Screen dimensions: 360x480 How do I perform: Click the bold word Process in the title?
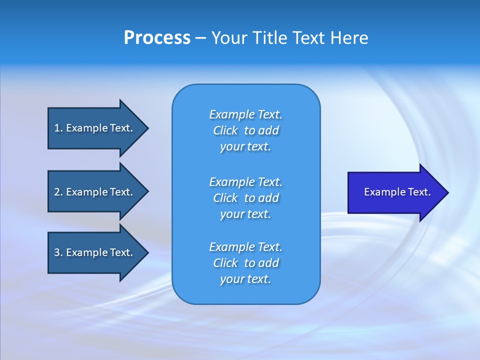pyautogui.click(x=157, y=38)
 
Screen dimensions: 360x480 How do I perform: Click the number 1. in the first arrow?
pyautogui.click(x=58, y=128)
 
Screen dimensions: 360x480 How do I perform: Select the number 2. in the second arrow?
pyautogui.click(x=58, y=192)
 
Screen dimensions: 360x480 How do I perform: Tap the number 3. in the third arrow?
pyautogui.click(x=58, y=252)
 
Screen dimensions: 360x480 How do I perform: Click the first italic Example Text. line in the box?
pyautogui.click(x=245, y=114)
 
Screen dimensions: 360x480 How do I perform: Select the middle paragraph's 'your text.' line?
pyautogui.click(x=245, y=214)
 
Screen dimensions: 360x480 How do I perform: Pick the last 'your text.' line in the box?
pyautogui.click(x=245, y=279)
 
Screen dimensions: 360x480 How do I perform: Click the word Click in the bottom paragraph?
pyautogui.click(x=225, y=263)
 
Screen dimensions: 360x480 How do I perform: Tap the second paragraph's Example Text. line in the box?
pyautogui.click(x=245, y=181)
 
